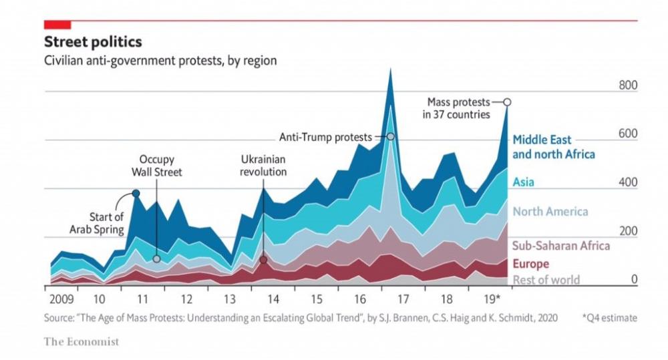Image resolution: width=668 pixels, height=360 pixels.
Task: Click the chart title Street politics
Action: coord(93,42)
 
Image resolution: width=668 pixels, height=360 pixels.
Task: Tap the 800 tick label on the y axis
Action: coord(628,85)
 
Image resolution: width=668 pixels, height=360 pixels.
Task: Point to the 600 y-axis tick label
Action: coord(628,134)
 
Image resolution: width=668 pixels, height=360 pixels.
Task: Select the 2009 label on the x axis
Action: coord(61,299)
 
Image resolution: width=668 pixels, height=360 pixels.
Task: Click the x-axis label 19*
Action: coord(492,299)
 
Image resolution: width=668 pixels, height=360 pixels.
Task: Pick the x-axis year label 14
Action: coord(273,299)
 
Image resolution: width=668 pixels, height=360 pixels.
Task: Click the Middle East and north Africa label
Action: coord(553,147)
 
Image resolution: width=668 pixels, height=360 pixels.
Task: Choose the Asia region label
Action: coord(523,182)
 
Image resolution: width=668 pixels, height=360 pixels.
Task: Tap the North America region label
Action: coord(550,211)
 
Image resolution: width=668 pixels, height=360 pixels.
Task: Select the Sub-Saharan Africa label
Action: coord(560,245)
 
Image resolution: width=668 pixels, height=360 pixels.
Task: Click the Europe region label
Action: coord(530,264)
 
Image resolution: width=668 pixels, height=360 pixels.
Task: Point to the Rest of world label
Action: coord(546,280)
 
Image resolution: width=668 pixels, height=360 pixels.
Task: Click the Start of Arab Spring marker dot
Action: coord(136,194)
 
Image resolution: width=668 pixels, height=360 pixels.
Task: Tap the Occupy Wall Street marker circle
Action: coord(156,258)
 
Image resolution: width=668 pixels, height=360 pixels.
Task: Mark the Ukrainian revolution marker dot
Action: coord(263,259)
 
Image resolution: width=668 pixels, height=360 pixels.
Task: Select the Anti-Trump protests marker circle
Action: coord(390,137)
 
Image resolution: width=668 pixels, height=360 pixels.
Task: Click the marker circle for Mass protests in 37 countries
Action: coord(507,102)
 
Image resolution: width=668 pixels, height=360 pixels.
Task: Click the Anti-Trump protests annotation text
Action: coord(325,137)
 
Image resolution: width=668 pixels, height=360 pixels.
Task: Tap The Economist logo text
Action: coord(81,342)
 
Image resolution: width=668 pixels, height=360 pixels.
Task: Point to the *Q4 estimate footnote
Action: coord(610,318)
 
